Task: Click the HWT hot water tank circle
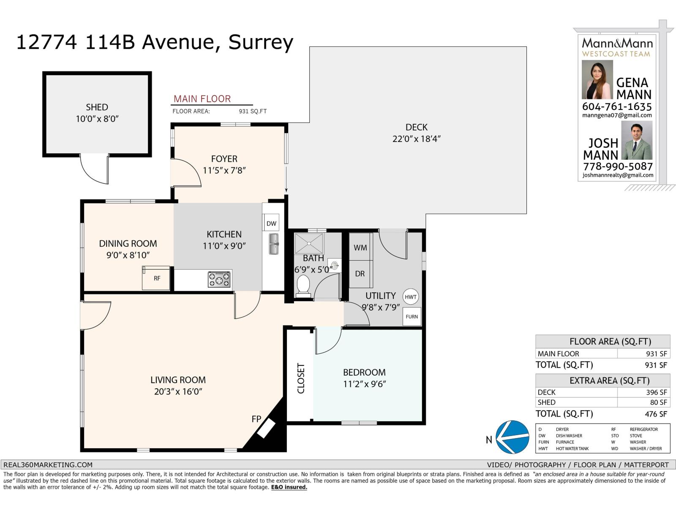click(410, 297)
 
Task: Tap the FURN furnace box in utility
click(412, 316)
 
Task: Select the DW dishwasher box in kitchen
click(271, 223)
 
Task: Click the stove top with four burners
click(219, 280)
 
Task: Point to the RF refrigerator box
click(156, 278)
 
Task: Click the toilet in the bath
click(303, 285)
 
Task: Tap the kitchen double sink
click(273, 244)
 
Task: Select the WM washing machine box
click(360, 247)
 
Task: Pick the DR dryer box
click(360, 274)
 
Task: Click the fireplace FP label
click(256, 419)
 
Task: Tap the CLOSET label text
click(300, 379)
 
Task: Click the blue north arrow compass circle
click(513, 437)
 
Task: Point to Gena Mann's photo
click(597, 79)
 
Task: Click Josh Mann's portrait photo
click(637, 140)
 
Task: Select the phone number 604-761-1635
click(617, 106)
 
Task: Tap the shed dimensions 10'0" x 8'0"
click(97, 119)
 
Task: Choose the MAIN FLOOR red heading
click(202, 99)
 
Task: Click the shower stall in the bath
click(309, 243)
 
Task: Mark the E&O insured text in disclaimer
click(289, 487)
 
